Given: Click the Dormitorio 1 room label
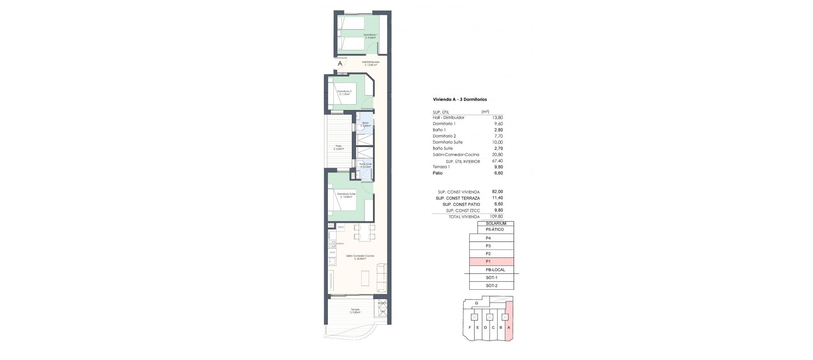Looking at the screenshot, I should coord(371,36).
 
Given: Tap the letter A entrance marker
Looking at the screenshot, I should coord(340,64).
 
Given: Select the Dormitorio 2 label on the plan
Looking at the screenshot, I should coord(344,93).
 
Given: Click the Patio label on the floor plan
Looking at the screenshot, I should coord(339,147).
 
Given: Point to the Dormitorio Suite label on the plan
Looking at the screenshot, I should coord(346,195).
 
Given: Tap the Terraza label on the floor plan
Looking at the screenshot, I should coord(355,311).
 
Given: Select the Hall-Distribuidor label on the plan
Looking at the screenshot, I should coord(371,63).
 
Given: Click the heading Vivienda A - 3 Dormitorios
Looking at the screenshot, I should coord(459,100).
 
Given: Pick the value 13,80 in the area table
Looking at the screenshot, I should coord(498,118).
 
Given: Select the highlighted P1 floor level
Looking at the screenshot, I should coord(491,262).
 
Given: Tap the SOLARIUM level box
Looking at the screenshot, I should coord(495,224).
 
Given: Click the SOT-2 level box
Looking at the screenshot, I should coord(491,286).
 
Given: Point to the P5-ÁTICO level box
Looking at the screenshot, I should coord(495,230).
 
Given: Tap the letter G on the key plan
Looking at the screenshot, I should coord(477,303).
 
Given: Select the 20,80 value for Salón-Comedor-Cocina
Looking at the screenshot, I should coord(498,155).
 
